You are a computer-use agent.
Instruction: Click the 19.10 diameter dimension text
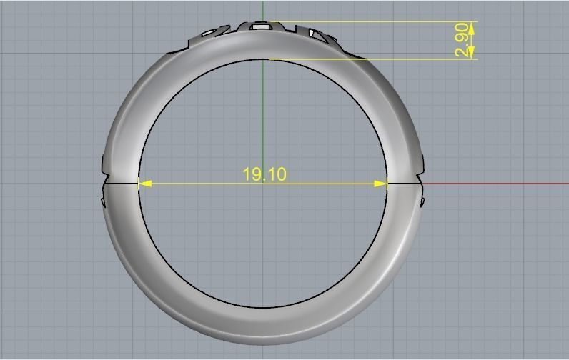264,174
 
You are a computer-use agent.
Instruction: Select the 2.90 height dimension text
462,40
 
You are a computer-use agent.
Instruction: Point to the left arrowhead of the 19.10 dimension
144,184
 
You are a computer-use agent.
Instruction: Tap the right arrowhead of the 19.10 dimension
381,184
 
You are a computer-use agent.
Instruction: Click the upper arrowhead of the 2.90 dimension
472,26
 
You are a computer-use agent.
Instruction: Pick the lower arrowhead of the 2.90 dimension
472,54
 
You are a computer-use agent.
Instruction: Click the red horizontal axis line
500,184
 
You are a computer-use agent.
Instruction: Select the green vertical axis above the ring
263,10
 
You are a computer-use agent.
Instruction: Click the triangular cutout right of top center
315,32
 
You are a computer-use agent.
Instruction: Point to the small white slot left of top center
209,33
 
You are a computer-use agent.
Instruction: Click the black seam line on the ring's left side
122,184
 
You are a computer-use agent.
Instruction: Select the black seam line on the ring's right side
405,184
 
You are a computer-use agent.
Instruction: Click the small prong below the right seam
422,201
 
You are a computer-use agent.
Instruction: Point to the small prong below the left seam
104,201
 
